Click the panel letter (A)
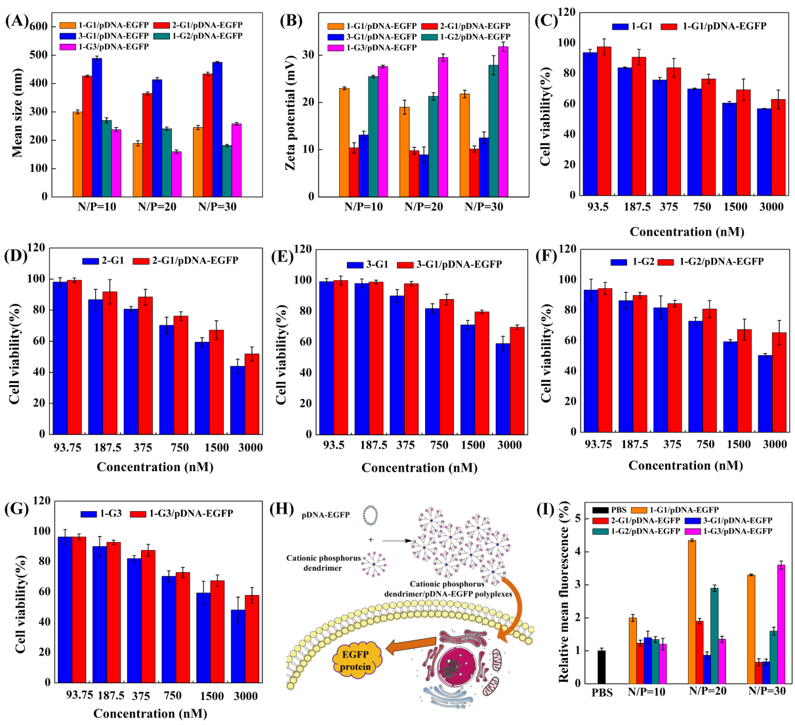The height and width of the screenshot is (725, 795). pos(16,20)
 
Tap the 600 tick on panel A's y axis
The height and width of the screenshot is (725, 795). pos(38,26)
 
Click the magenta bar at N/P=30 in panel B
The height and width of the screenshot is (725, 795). pos(503,121)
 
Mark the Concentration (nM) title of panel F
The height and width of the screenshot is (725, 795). pos(685,465)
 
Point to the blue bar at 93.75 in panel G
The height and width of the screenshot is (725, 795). pos(65,609)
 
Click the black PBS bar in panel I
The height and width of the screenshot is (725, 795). pos(601,667)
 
